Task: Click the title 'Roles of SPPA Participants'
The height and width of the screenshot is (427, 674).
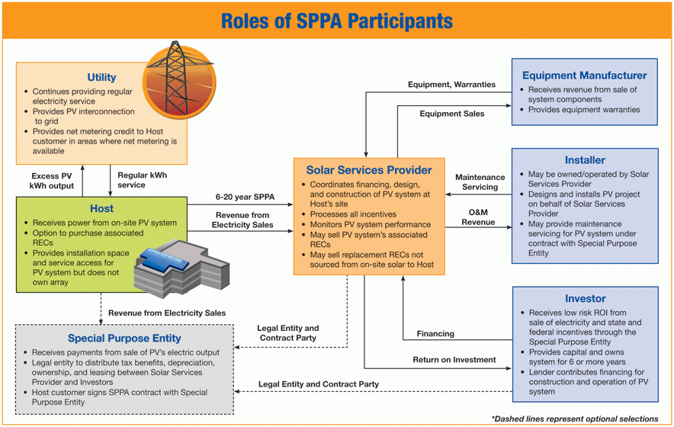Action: (336, 21)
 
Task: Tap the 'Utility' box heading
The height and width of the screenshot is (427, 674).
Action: (101, 77)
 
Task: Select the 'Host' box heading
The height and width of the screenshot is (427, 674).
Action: (101, 208)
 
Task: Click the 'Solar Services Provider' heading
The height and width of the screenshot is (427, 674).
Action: (369, 170)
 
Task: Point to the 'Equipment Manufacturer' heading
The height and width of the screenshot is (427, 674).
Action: (584, 75)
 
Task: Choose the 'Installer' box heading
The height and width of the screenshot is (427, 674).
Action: (585, 160)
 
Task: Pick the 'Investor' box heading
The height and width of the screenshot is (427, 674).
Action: (585, 298)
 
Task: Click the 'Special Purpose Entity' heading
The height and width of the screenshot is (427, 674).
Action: (124, 338)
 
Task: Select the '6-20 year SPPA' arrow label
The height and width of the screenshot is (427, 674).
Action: (245, 197)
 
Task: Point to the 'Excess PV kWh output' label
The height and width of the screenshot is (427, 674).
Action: (52, 181)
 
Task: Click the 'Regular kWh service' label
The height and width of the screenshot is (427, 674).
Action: (142, 181)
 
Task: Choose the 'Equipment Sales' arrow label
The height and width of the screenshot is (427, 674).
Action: (451, 114)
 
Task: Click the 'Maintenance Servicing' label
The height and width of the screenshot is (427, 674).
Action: (480, 182)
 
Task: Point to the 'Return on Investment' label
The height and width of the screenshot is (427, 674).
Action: (454, 359)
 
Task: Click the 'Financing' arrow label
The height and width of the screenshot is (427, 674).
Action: (435, 333)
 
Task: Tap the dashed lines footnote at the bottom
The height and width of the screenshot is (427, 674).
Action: (574, 419)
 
